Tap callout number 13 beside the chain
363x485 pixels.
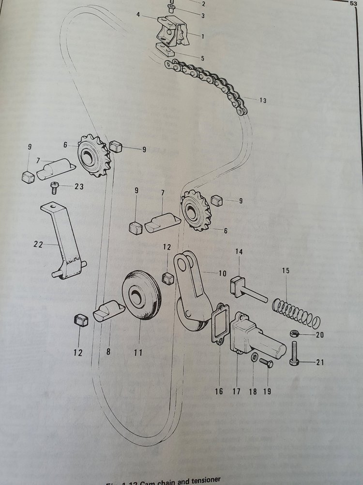262,101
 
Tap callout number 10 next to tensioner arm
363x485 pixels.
222,274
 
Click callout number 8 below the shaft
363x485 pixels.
108,353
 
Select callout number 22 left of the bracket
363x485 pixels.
39,245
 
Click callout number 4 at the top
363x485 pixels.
138,16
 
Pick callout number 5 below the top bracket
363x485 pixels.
202,58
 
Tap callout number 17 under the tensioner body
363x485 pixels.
237,391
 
